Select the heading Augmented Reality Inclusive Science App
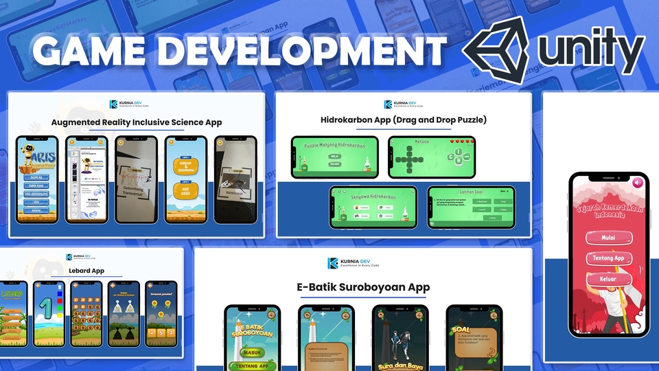(137, 122)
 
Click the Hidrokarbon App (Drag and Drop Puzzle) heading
(403, 120)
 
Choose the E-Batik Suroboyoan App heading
(363, 287)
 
